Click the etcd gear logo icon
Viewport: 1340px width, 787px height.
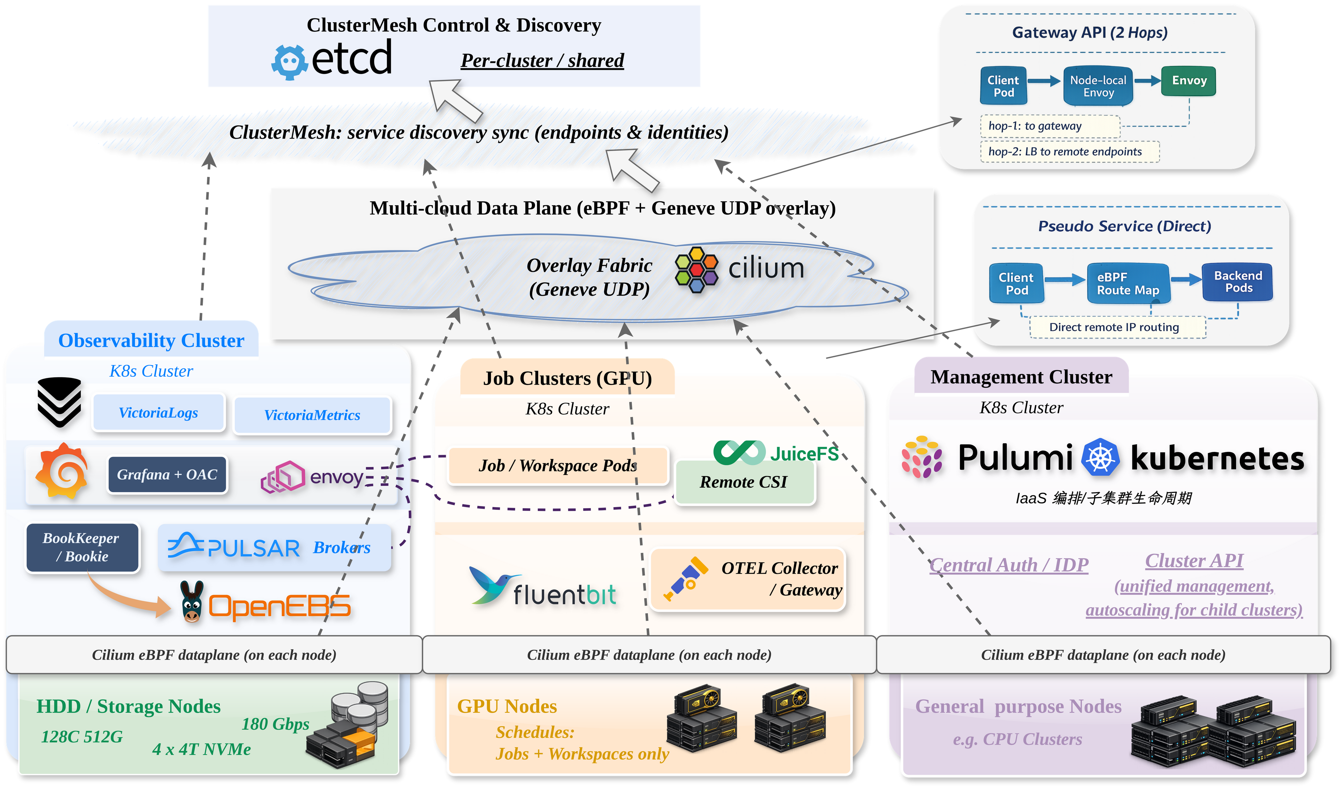tap(289, 62)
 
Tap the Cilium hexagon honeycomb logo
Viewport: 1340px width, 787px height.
tap(697, 269)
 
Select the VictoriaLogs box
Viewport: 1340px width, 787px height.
tap(158, 413)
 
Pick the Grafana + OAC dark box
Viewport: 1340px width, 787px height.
tap(167, 474)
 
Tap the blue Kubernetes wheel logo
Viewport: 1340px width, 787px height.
tap(1101, 457)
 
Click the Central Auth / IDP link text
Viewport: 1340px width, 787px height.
tap(1009, 565)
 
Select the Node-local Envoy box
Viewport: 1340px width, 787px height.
tap(1098, 86)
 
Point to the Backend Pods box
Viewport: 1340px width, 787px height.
tap(1238, 282)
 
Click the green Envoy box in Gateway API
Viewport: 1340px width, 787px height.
tap(1189, 81)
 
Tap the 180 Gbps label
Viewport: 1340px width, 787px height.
tap(275, 724)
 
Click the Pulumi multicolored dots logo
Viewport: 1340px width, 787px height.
tap(922, 457)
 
